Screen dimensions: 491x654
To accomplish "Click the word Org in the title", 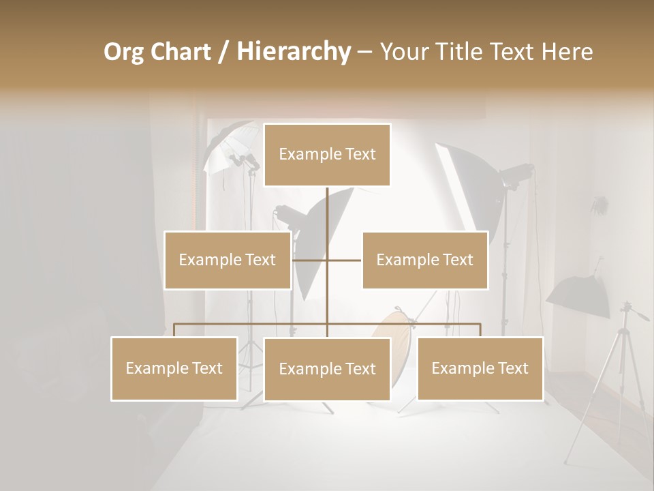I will click(124, 52).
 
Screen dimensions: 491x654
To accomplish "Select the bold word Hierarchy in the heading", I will click(294, 52).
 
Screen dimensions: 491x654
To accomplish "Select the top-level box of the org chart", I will click(327, 155).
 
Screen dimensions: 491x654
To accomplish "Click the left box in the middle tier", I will click(228, 260).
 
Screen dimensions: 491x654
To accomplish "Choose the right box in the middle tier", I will click(425, 260).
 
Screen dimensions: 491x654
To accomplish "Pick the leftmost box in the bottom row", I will click(174, 368).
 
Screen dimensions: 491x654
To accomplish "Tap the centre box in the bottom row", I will click(327, 369).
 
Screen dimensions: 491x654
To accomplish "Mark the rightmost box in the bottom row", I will click(480, 368).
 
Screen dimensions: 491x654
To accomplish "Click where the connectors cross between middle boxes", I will click(327, 260).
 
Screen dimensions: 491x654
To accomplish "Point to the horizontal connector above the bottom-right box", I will click(443, 324).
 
